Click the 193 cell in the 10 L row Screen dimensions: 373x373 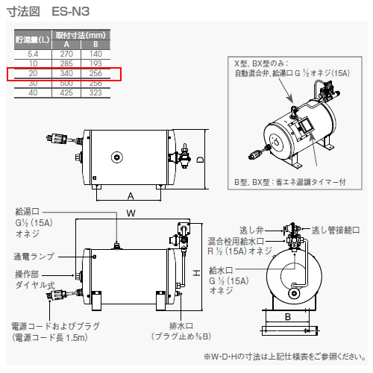pos(95,64)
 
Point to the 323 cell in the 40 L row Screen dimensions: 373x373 pos(95,93)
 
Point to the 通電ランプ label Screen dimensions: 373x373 pos(34,256)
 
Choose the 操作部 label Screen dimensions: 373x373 pos(28,275)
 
